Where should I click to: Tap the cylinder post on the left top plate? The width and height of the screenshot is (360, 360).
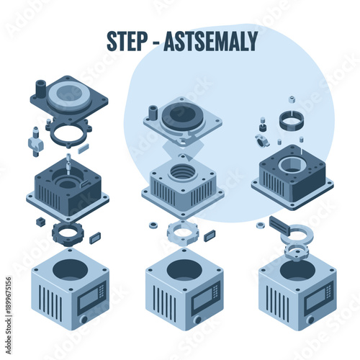coord(40,89)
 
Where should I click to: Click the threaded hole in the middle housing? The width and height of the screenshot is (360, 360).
coord(182,172)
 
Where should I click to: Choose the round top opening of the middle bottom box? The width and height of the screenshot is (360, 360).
coord(183,269)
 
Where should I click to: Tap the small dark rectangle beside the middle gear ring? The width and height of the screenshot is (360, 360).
coord(209,235)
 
